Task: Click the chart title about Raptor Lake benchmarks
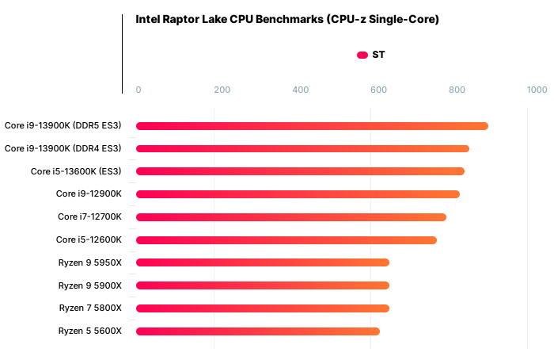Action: coord(287,19)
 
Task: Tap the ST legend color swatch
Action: coord(362,55)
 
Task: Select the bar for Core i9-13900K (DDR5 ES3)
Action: coord(312,125)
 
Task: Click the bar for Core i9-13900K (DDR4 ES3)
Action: coord(302,148)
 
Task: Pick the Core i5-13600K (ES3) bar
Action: coord(300,171)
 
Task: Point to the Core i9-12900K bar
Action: coord(298,194)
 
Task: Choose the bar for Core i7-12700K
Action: coord(291,217)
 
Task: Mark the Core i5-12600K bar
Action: coord(286,240)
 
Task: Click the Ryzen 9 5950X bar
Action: coord(263,262)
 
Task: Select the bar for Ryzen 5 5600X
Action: coord(258,331)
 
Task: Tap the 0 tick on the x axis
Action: coord(138,90)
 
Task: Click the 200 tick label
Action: coord(222,90)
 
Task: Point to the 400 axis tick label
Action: coord(301,90)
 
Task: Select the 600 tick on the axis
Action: coord(378,90)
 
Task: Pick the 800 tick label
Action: coord(457,90)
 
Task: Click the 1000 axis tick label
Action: coord(537,90)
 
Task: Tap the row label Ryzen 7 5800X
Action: coord(90,308)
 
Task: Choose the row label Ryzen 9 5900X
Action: coord(90,285)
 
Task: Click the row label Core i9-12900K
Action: coord(89,194)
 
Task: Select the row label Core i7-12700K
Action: coord(89,217)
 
